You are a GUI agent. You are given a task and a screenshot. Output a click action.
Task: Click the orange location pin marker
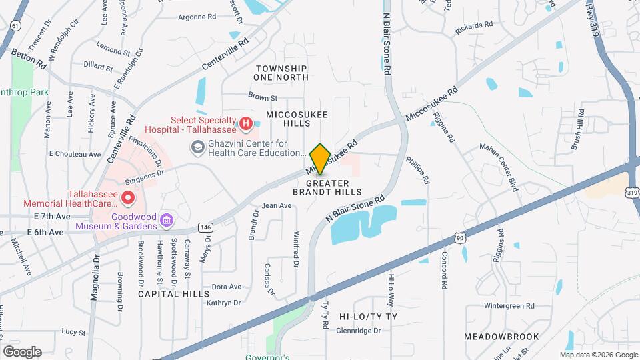[321, 159]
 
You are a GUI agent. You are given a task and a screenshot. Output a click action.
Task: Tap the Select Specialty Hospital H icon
[246, 123]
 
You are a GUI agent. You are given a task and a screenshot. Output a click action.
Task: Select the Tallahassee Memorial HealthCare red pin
[127, 198]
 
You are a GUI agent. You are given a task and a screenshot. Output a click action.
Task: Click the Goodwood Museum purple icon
[167, 220]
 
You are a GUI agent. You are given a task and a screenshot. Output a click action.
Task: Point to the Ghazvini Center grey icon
[197, 148]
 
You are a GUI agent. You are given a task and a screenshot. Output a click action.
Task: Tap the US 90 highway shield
[459, 237]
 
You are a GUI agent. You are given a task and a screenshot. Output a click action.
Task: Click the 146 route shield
[205, 227]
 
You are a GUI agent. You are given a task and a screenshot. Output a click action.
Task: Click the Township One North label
[281, 73]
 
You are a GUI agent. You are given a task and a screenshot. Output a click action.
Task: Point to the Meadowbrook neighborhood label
[501, 337]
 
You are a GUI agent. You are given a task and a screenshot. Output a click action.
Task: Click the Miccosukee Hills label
[297, 119]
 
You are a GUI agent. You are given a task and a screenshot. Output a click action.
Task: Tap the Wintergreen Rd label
[509, 306]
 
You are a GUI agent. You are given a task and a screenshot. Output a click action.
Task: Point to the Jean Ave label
[277, 205]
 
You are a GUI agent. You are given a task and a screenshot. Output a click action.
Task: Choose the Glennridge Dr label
[358, 330]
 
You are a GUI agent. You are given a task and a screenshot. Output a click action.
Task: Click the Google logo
[22, 351]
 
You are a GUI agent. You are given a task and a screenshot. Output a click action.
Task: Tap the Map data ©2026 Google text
[599, 354]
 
